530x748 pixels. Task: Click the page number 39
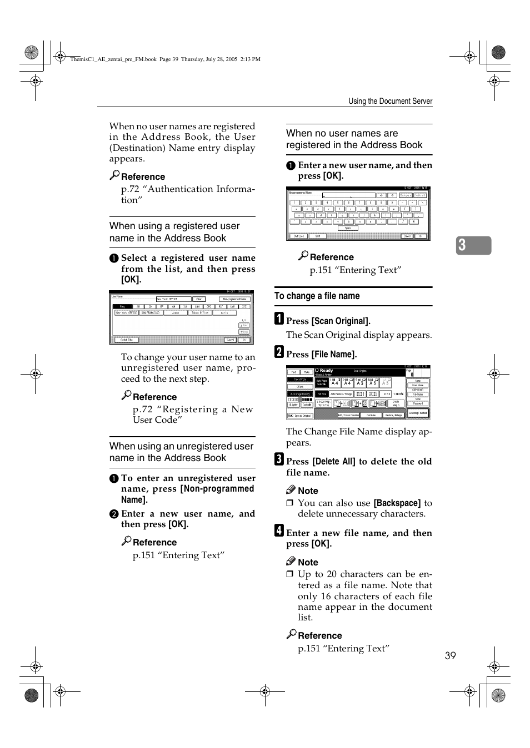coord(450,656)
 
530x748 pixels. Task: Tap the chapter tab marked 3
coord(473,245)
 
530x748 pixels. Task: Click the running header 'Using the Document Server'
coord(390,101)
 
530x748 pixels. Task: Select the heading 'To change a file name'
coord(317,296)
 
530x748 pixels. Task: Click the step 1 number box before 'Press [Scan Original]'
coord(279,319)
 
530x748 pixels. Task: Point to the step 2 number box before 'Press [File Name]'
coord(279,352)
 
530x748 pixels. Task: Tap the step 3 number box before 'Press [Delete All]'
coord(279,459)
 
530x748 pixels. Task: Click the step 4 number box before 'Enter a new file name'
coord(279,530)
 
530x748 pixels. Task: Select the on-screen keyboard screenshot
coord(358,214)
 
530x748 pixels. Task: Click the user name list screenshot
coord(181,317)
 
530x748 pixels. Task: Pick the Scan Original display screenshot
coord(358,392)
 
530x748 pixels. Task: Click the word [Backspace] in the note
coord(397,503)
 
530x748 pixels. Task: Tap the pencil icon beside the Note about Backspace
coord(291,490)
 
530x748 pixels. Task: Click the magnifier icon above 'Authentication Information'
coord(114,175)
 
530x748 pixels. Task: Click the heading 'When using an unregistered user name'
coord(181,452)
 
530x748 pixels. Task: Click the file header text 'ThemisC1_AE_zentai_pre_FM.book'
coord(113,59)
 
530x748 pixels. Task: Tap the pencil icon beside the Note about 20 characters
coord(291,562)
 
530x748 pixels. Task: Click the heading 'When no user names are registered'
coord(354,139)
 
